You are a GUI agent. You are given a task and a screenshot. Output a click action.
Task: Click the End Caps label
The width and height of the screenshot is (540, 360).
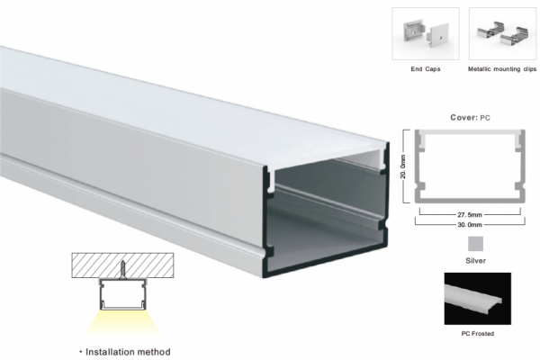[x=426, y=69]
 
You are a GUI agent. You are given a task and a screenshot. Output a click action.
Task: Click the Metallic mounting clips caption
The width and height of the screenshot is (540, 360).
[x=502, y=69]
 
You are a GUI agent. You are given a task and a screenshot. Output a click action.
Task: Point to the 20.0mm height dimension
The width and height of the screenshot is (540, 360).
[x=403, y=166]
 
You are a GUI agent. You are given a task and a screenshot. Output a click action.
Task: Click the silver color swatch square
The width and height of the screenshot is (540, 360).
[x=475, y=244]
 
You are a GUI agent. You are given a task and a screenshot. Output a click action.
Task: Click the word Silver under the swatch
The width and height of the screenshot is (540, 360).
[x=475, y=261]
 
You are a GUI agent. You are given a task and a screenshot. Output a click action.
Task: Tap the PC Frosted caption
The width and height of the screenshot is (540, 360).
[x=477, y=334]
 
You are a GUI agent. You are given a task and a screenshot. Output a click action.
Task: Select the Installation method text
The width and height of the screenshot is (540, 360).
[x=128, y=352]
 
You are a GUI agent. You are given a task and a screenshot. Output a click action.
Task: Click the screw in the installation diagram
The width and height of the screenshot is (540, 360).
[x=123, y=270]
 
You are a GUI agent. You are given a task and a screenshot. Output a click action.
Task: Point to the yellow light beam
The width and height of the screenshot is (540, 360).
[x=122, y=323]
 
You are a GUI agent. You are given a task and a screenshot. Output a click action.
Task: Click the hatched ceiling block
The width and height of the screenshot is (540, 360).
[x=122, y=265]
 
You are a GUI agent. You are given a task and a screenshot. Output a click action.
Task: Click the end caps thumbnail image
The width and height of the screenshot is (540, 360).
[x=426, y=34]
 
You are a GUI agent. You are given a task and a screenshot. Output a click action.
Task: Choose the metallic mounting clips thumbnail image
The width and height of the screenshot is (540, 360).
[x=502, y=34]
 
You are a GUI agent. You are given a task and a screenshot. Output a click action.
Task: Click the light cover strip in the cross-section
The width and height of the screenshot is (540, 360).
[x=470, y=132]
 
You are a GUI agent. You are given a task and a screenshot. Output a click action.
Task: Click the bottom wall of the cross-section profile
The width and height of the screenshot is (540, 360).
[x=470, y=201]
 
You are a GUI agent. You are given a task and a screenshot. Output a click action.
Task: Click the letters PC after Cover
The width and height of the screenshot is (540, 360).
[x=485, y=118]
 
